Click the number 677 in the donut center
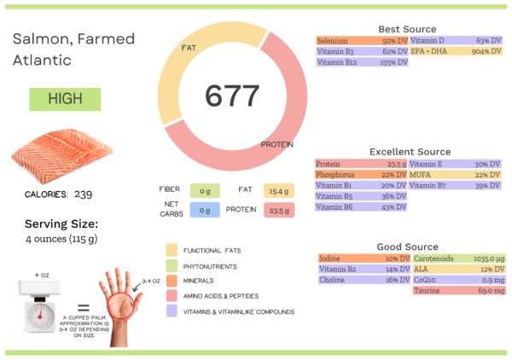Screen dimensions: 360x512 232,96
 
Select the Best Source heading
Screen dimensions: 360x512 407,29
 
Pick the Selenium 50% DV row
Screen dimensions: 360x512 362,41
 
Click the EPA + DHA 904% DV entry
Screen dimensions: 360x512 456,51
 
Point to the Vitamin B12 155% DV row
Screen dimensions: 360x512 362,62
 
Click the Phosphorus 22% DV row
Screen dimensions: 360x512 362,174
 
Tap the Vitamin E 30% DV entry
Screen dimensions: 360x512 456,164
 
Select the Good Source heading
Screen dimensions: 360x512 407,247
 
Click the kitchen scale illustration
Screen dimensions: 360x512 39,310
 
